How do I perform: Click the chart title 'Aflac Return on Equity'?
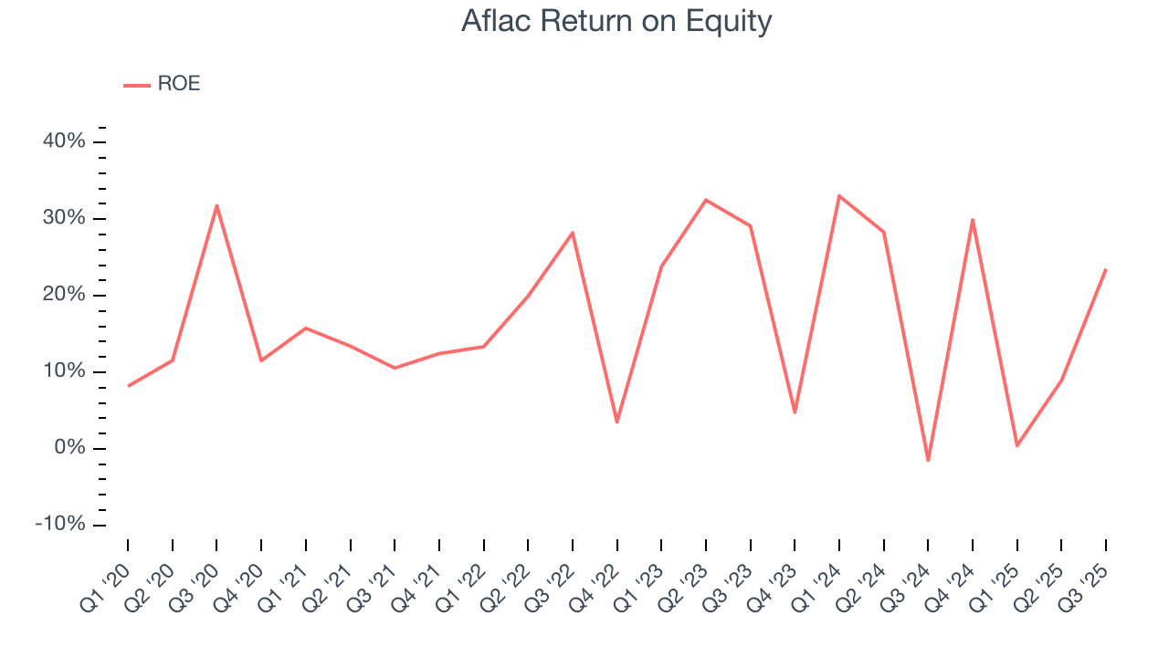(616, 21)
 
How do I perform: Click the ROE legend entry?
(163, 84)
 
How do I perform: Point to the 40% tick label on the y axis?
(64, 141)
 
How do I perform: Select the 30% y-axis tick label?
(64, 218)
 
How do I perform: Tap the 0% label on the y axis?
(69, 448)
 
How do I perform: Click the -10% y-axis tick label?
(60, 525)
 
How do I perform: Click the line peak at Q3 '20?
(216, 205)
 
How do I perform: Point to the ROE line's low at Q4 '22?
(617, 422)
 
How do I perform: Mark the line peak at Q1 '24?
(839, 195)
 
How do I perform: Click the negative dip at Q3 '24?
(928, 461)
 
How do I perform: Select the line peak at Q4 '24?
(973, 219)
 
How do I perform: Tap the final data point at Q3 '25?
(1106, 269)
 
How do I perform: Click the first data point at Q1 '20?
(128, 386)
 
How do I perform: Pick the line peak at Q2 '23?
(706, 200)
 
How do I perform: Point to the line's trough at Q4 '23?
(795, 412)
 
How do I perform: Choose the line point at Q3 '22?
(573, 233)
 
